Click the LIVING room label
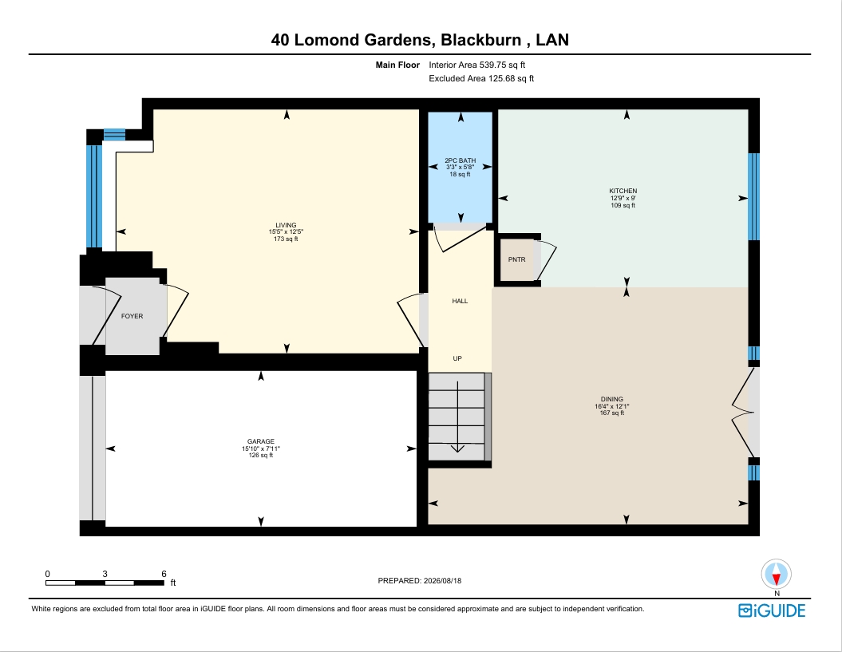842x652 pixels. (286, 226)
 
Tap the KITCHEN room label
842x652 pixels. (623, 192)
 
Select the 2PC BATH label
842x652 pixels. (461, 160)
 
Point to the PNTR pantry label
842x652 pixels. (516, 260)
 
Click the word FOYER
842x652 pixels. (132, 316)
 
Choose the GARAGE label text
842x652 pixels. (261, 442)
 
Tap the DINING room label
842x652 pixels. (611, 400)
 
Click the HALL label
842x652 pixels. (460, 302)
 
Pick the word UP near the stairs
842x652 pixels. (457, 359)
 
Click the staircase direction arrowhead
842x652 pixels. (457, 448)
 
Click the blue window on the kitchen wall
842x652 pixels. (754, 196)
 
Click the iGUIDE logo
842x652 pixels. (772, 611)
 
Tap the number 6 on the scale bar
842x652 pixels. (164, 574)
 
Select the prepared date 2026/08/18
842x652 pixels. (442, 580)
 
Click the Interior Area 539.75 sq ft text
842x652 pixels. (476, 65)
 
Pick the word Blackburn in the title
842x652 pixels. (480, 40)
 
